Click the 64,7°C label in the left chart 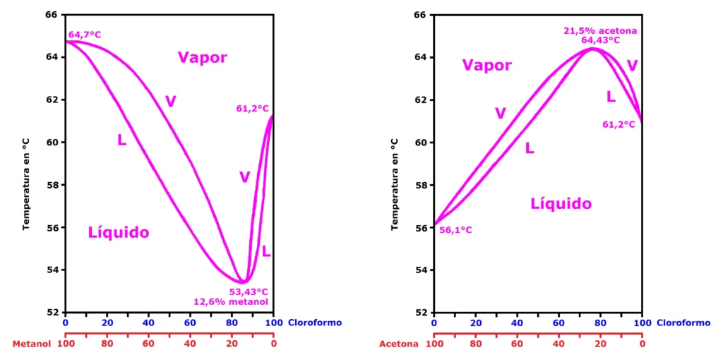click(x=85, y=35)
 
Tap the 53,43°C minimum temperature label click(x=249, y=292)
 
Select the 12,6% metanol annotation click(x=232, y=302)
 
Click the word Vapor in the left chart click(x=203, y=58)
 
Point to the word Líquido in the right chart click(x=561, y=204)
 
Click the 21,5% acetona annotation click(x=600, y=30)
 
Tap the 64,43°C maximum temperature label click(x=600, y=40)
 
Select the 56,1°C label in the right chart click(x=455, y=230)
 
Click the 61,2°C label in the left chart click(x=253, y=109)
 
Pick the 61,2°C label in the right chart click(x=619, y=125)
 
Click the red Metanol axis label click(x=32, y=344)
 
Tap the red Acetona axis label click(x=399, y=344)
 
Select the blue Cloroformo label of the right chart click(x=683, y=323)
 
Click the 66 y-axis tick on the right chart click(x=419, y=15)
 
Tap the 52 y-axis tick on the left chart click(x=51, y=313)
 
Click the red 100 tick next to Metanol click(x=66, y=344)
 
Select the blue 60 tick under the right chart click(x=558, y=323)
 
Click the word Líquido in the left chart click(x=119, y=232)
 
